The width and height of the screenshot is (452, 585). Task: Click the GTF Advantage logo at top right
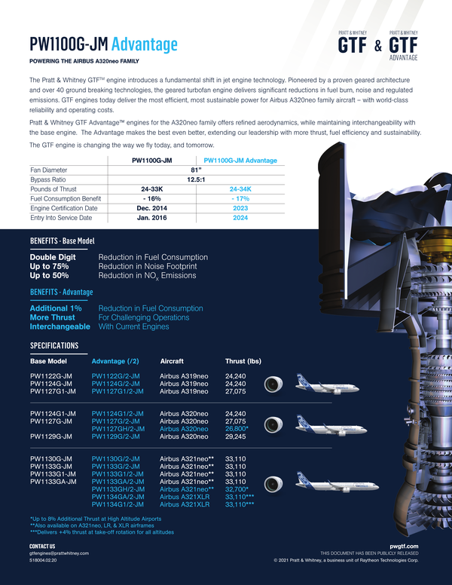point(403,45)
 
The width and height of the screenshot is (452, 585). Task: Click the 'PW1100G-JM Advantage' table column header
point(240,160)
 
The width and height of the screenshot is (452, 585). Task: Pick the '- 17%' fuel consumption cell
point(240,198)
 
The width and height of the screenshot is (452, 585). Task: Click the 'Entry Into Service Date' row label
point(61,218)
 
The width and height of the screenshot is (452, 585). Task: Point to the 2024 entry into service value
point(240,218)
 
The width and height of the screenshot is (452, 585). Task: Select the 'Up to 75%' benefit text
point(49,266)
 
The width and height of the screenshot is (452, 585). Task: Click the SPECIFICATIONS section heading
point(53,345)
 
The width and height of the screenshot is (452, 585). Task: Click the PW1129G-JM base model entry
point(51,436)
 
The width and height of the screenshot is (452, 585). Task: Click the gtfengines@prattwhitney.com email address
point(59,553)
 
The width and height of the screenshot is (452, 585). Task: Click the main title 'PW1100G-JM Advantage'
point(103,44)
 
